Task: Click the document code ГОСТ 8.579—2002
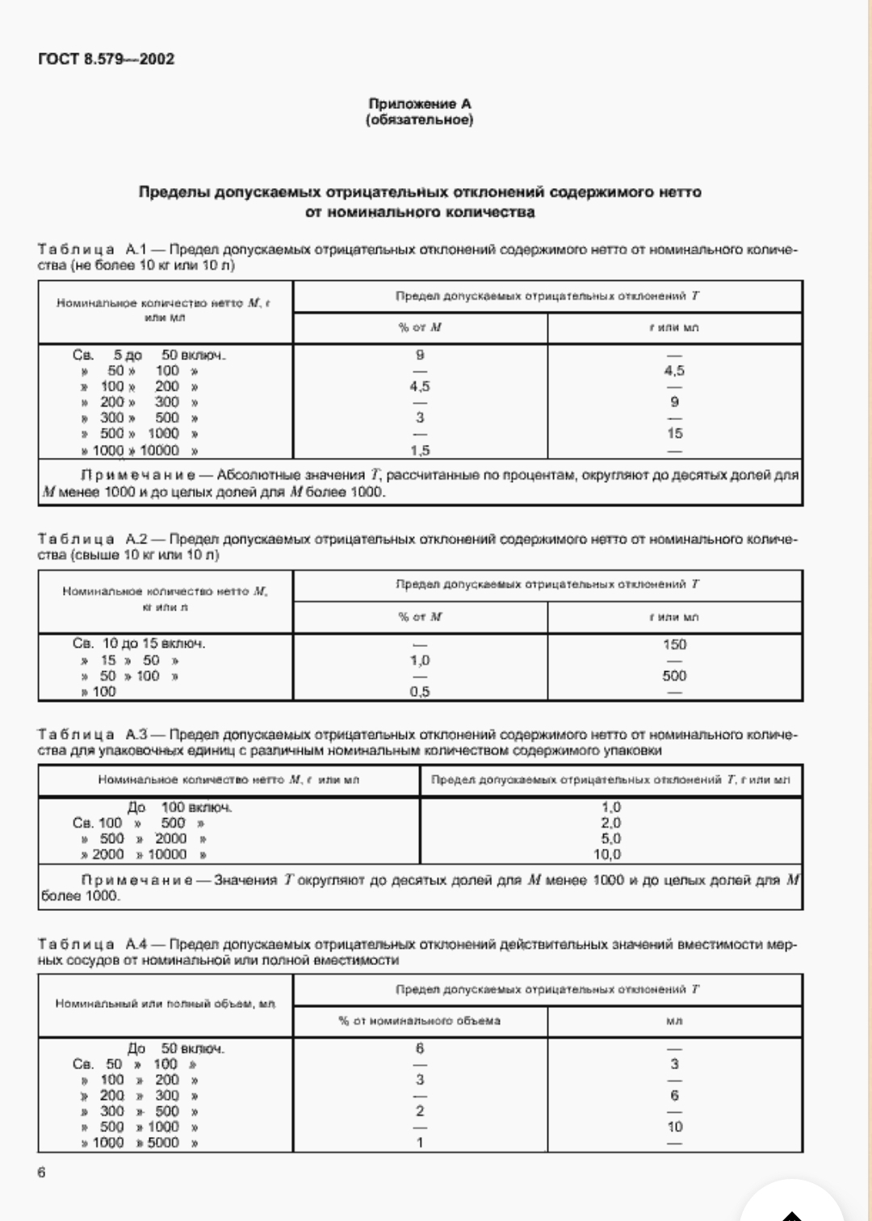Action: point(106,59)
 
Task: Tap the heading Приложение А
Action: point(419,103)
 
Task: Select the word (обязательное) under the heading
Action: point(419,120)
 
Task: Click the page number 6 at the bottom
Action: point(42,1173)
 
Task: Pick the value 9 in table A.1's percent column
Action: point(420,355)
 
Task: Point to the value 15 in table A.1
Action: point(674,434)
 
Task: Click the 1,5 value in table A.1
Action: point(420,450)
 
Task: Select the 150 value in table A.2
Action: point(674,644)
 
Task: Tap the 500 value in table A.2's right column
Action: point(674,676)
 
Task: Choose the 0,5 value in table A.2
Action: point(420,692)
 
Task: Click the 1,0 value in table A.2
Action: point(420,661)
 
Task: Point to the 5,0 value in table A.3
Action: point(610,839)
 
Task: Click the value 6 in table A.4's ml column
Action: point(674,1096)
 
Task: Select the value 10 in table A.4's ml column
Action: point(674,1127)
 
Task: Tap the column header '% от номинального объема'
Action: point(420,1021)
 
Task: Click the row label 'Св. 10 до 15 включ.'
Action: point(139,644)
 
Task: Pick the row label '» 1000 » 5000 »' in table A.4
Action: point(139,1143)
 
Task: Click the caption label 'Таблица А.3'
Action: point(93,735)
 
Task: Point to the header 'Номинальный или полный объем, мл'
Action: point(166,1004)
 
